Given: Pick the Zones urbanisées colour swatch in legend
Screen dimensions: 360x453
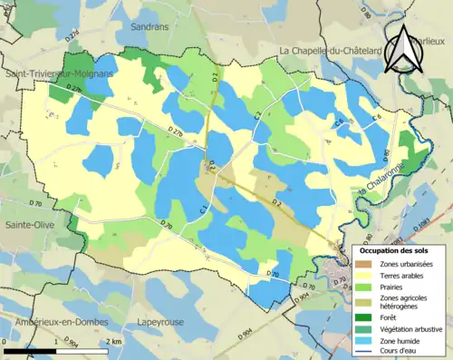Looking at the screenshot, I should tap(366, 264).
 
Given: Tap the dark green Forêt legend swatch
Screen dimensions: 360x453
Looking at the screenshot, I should tap(366, 316).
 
